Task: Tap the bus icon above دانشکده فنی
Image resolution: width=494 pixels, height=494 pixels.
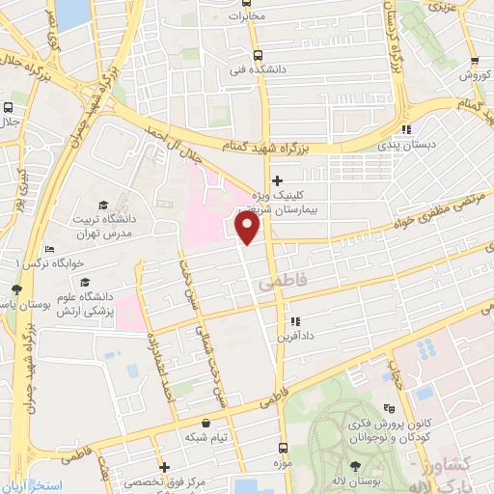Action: [257, 55]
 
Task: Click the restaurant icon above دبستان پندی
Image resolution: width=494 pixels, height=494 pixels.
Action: [407, 128]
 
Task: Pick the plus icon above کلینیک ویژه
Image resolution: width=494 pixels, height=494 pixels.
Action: [277, 179]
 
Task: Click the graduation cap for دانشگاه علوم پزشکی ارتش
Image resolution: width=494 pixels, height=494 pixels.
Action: [84, 284]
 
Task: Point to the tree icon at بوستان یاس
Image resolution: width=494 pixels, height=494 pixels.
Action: [16, 288]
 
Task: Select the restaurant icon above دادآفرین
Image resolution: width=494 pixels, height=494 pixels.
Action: [294, 322]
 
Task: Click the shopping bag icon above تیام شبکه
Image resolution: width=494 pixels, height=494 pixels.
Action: [205, 423]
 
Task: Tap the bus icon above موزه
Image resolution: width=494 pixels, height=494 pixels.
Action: [282, 448]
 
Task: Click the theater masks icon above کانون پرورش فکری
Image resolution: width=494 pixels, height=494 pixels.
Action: [389, 408]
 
